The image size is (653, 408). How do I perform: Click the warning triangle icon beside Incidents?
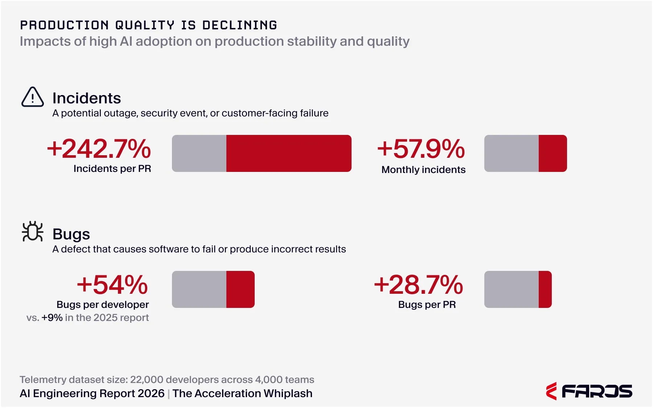[33, 97]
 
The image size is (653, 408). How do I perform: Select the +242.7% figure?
[99, 149]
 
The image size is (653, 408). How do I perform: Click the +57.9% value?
[421, 149]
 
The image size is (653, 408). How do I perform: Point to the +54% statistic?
[112, 285]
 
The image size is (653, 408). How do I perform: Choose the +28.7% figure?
[418, 285]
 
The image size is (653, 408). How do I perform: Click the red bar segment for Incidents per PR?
[288, 153]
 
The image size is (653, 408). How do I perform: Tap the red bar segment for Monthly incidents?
[553, 153]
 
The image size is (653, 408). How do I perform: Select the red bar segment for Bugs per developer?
[240, 289]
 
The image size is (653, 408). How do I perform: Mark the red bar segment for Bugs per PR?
[545, 289]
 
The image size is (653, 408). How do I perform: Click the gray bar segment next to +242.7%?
[199, 153]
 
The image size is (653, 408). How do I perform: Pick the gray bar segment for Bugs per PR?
[512, 289]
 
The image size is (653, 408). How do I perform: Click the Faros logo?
[589, 391]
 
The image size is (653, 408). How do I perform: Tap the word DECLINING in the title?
[240, 25]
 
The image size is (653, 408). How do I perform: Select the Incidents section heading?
[87, 98]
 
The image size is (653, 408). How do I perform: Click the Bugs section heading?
[71, 234]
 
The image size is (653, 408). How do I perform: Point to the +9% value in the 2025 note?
[52, 318]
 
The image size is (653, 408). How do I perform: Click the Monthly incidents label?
[423, 170]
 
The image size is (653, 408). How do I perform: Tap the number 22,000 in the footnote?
[147, 380]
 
